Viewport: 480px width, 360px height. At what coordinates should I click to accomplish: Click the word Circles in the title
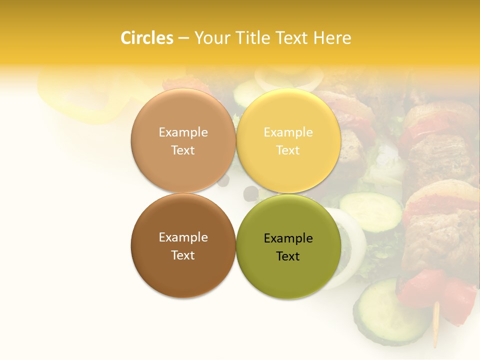point(147,38)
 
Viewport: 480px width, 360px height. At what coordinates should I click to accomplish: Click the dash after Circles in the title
point(183,38)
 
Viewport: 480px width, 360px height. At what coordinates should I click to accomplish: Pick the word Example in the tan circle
point(183,132)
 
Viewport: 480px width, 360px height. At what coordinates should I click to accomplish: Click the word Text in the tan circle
point(183,150)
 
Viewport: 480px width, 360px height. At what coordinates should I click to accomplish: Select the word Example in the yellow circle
point(288,132)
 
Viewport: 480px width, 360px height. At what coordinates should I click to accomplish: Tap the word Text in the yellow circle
point(288,150)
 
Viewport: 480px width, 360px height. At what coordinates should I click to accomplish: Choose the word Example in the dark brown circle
point(183,237)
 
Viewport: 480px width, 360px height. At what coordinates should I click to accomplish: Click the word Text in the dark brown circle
point(183,255)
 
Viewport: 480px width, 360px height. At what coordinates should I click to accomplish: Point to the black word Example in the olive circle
point(288,238)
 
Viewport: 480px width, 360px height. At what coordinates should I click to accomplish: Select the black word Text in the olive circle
point(288,256)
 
